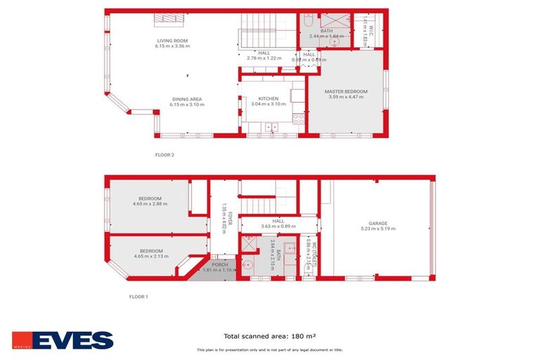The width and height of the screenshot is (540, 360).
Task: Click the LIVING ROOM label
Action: coord(173,41)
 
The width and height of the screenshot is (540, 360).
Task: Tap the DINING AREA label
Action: coord(186,99)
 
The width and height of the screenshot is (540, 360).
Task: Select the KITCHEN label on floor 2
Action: coord(269,99)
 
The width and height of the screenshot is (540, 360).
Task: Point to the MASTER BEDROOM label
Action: coord(346,91)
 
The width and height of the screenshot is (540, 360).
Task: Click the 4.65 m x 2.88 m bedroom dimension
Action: coord(150,204)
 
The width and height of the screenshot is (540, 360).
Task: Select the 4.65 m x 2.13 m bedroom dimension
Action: coord(151,256)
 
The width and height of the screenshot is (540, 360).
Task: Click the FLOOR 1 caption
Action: coord(139,297)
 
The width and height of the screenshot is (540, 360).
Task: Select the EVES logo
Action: coord(63,340)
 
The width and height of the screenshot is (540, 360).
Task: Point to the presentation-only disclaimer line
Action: coord(269,349)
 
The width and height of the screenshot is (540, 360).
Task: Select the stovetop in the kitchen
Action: coord(298,119)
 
